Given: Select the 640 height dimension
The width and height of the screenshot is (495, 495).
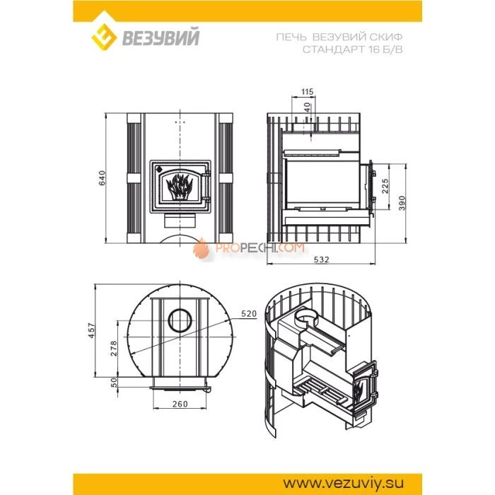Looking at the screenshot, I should pyautogui.click(x=102, y=178).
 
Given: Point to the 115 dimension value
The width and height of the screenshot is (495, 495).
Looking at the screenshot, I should pyautogui.click(x=306, y=92).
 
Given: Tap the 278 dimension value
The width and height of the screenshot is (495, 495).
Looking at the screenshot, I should pyautogui.click(x=114, y=349).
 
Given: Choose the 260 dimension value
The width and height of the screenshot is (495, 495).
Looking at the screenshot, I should pyautogui.click(x=180, y=405).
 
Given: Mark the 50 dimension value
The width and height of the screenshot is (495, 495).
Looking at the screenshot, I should pyautogui.click(x=114, y=383).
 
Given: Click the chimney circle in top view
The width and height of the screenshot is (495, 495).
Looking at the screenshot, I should pyautogui.click(x=180, y=320).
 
